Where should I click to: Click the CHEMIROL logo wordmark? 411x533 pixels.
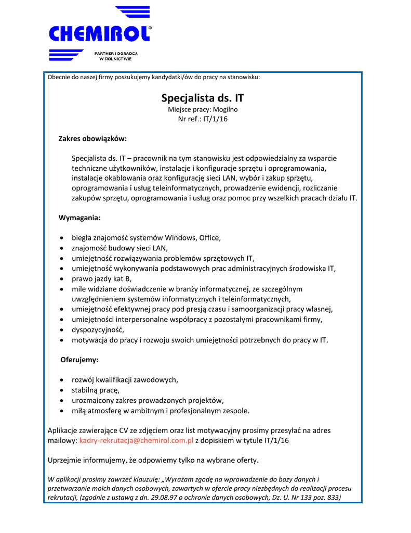[100, 34]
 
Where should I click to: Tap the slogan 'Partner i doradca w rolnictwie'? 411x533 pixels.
[115, 56]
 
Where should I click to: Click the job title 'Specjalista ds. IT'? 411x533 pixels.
[203, 98]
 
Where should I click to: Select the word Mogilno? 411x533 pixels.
[225, 109]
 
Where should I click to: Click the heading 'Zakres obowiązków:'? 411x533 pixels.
[92, 139]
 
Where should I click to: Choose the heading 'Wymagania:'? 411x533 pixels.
[79, 217]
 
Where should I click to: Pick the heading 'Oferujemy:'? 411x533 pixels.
[79, 359]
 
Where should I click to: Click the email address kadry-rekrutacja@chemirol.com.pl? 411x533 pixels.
[136, 440]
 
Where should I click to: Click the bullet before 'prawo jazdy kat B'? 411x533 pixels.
[62, 279]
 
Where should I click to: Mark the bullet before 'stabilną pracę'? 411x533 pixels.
[62, 390]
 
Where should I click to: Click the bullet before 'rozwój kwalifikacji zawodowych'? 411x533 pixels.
[62, 379]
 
